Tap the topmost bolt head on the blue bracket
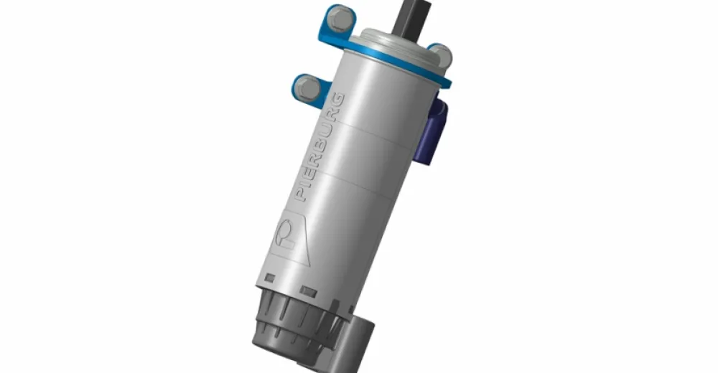click(340, 19)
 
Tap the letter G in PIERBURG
click(337, 100)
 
